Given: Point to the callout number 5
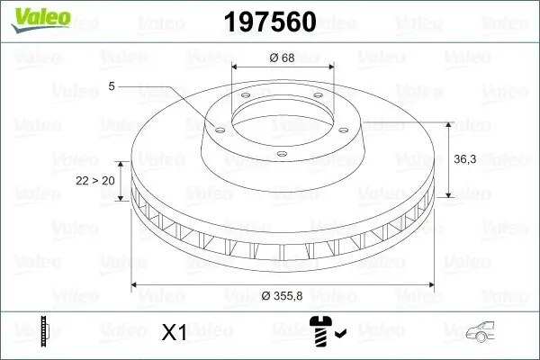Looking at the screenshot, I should click(111, 87).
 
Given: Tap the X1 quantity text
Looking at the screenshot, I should click(173, 333).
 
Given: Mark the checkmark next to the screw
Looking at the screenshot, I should click(339, 335).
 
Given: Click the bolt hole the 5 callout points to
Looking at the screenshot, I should click(219, 127).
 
